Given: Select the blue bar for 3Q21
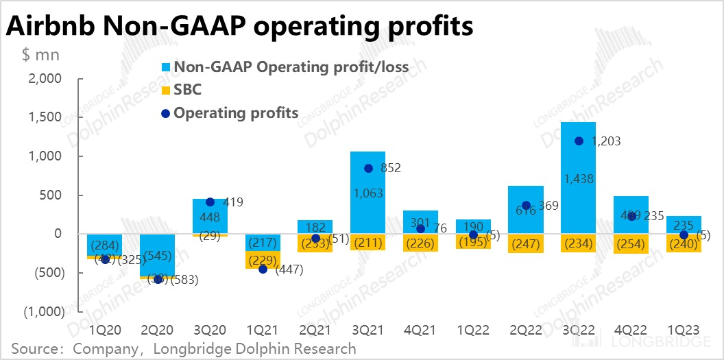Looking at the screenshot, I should coord(367,206).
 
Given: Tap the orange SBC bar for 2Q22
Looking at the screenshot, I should coord(526,243).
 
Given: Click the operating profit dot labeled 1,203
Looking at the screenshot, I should coord(579,141).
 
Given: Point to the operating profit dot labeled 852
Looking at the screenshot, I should coord(368,168).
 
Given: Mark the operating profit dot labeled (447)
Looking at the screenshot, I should coord(263,269).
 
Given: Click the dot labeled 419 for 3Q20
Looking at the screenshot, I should coord(210,202).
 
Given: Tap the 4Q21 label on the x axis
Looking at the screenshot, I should coord(420,329).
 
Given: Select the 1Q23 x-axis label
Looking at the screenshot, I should coord(684,329).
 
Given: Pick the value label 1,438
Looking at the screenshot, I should coord(578,180).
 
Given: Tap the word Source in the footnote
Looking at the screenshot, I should coord(36,349).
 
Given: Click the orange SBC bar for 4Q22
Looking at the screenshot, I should coord(631,244).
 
